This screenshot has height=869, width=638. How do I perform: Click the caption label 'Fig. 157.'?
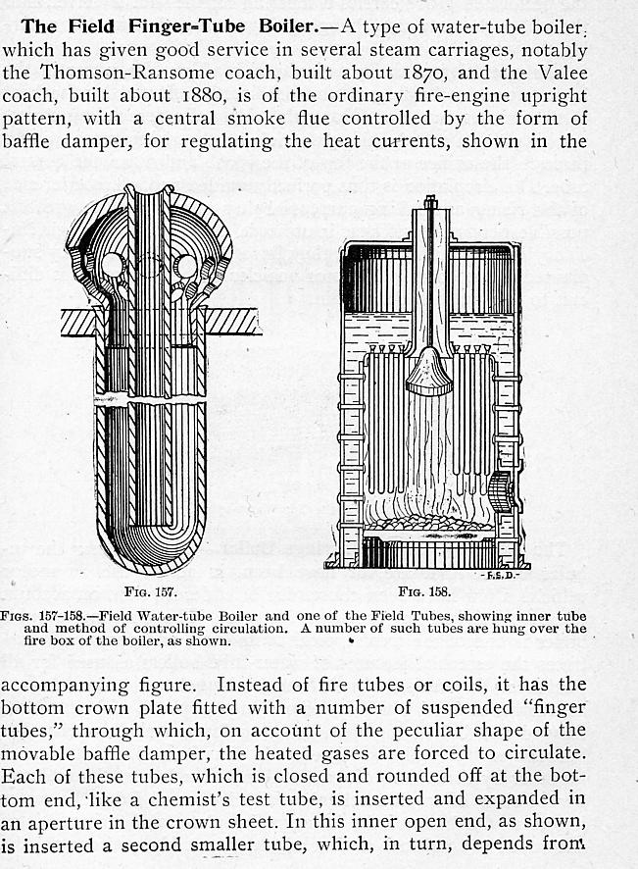[151, 591]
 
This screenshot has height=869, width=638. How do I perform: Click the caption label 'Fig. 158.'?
[424, 591]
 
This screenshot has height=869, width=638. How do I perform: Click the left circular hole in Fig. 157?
[112, 265]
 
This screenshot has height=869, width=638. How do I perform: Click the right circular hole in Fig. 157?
[186, 265]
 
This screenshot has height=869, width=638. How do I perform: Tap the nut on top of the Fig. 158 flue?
[429, 202]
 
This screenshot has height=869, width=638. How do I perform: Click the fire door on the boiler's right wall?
[504, 490]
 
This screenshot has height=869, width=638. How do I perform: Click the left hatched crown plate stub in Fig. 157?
[77, 322]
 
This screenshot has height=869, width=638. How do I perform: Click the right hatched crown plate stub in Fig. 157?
[233, 322]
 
